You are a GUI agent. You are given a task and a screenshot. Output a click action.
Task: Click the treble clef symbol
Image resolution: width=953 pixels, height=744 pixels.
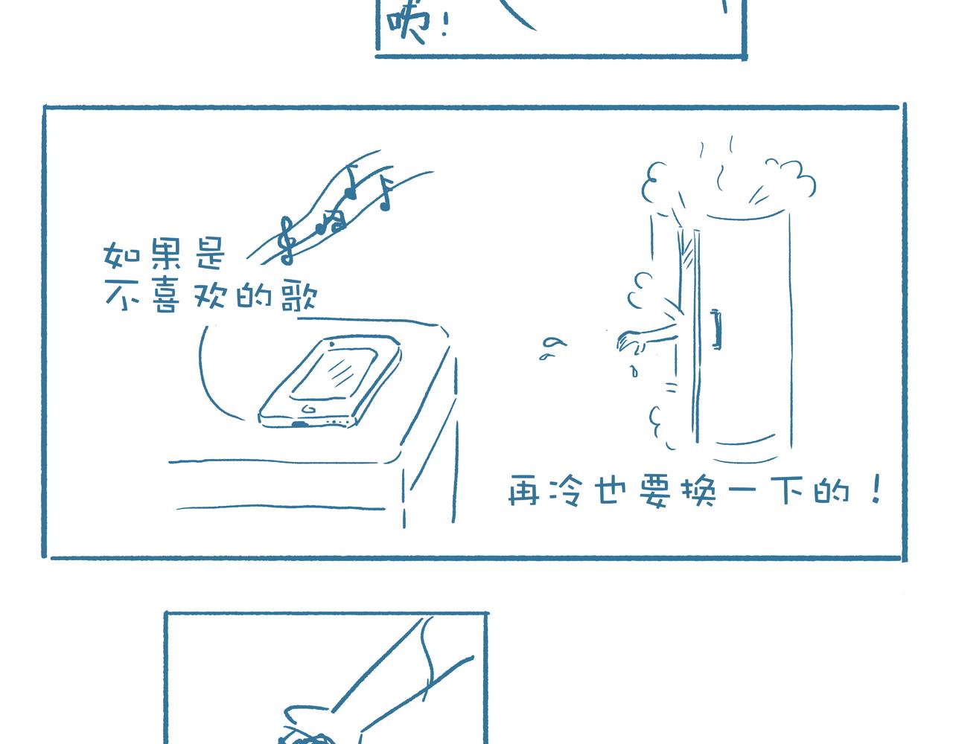coord(287,240)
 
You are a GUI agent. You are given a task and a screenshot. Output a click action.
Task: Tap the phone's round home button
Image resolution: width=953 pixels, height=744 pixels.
coord(308,409)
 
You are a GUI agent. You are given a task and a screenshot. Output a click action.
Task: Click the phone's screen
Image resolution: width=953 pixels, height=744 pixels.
coord(334,373)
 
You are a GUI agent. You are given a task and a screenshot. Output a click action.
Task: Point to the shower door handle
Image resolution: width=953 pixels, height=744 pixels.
coord(716,329)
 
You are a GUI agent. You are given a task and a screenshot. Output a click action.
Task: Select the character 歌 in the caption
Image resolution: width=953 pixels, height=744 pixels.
coord(299,295)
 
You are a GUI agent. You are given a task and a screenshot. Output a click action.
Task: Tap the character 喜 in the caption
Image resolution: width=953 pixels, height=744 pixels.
coord(167,296)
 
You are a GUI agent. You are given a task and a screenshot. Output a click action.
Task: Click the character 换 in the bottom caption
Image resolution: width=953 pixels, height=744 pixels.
coord(698,492)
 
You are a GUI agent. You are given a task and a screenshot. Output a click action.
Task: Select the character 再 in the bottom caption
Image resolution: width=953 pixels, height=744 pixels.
coord(523,490)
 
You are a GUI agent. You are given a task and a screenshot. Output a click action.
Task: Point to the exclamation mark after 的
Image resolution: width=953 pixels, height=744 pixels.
coord(876,489)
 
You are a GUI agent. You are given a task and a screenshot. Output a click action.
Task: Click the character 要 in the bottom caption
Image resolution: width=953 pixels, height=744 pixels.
coord(655,492)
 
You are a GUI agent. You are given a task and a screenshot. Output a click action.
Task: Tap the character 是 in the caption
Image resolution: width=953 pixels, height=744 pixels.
coord(210,253)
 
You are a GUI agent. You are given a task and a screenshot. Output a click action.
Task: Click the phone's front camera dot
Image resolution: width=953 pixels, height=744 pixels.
coord(331,344)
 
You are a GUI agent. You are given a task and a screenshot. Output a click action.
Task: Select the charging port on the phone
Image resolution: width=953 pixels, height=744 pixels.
coord(299,424)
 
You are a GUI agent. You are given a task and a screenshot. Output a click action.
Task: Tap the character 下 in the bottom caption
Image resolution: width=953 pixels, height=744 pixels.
coord(788,490)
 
